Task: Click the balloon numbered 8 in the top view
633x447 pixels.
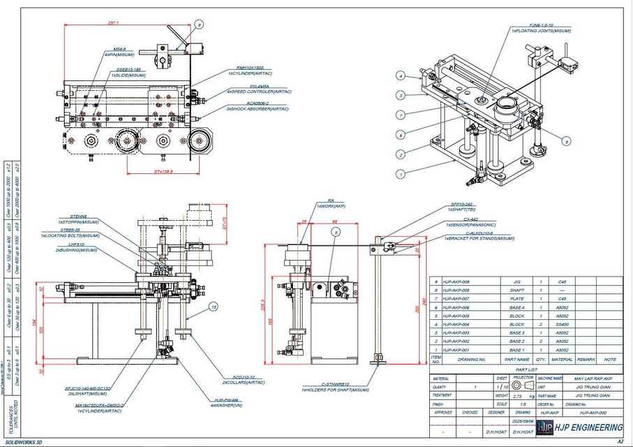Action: [x=199, y=25]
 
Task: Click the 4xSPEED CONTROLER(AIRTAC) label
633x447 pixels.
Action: [x=260, y=91]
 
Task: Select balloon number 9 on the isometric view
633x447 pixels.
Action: [x=566, y=141]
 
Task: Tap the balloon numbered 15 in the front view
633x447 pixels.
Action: [x=214, y=307]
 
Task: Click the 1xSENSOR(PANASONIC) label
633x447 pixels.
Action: [x=471, y=226]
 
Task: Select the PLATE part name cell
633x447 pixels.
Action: [x=516, y=298]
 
